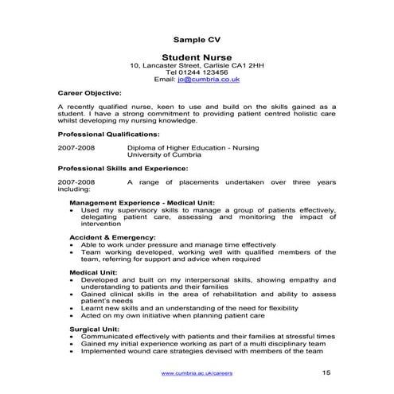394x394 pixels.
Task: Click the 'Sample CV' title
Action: (196, 39)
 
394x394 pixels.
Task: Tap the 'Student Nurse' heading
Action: (196, 57)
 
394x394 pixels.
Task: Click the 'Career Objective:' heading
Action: (90, 93)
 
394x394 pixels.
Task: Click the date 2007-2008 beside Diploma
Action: (77, 148)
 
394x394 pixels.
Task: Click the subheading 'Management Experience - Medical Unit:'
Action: (142, 203)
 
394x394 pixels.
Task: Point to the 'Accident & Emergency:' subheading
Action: (112, 237)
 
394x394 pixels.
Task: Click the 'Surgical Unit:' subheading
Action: (95, 328)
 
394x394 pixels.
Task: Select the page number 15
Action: (326, 373)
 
